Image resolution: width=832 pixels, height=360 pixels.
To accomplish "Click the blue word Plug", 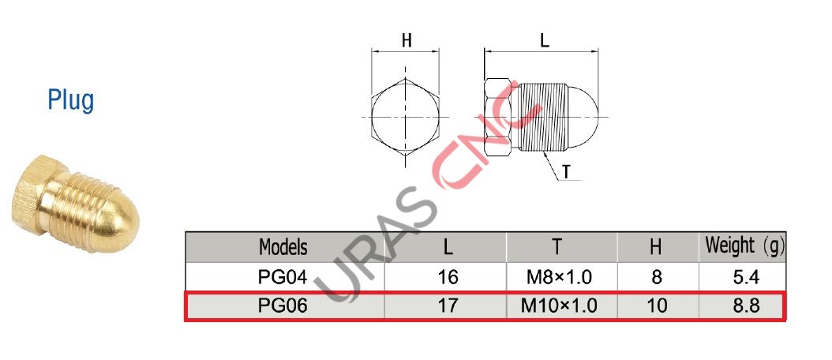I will (x=70, y=101).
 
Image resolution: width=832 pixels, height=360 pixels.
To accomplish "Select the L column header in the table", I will (x=448, y=247).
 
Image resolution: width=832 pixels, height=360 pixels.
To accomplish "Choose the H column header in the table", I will (x=655, y=247).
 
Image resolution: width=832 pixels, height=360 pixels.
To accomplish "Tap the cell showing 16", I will (x=448, y=277).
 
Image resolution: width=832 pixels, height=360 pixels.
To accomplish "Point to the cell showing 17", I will (x=448, y=306).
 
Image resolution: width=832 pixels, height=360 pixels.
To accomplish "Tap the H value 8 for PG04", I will (x=656, y=277).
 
